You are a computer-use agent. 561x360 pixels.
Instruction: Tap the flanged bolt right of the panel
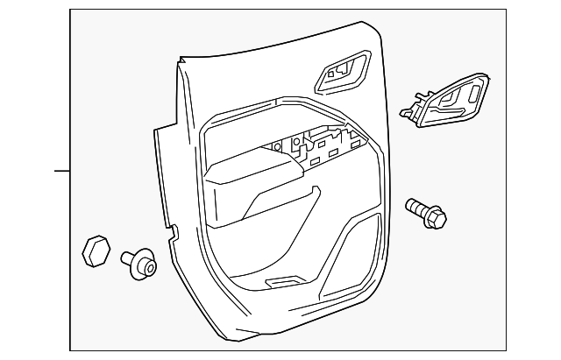click(427, 214)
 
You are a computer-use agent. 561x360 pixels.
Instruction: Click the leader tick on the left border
click(61, 170)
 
